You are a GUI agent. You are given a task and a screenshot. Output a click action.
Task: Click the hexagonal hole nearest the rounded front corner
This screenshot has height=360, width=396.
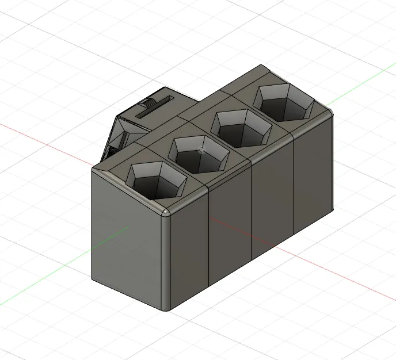156,181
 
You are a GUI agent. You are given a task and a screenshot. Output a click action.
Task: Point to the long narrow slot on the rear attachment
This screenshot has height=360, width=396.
155,108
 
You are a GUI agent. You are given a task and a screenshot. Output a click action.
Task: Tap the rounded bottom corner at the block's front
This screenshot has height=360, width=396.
167,309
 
